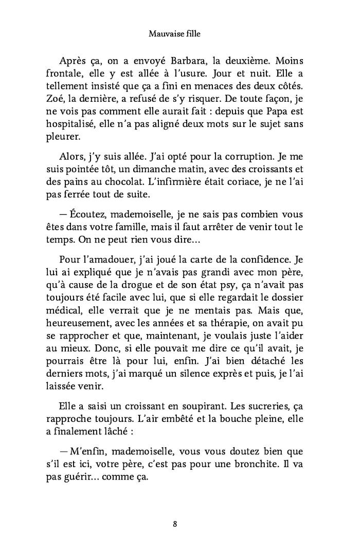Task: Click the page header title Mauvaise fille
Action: pos(174,34)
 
